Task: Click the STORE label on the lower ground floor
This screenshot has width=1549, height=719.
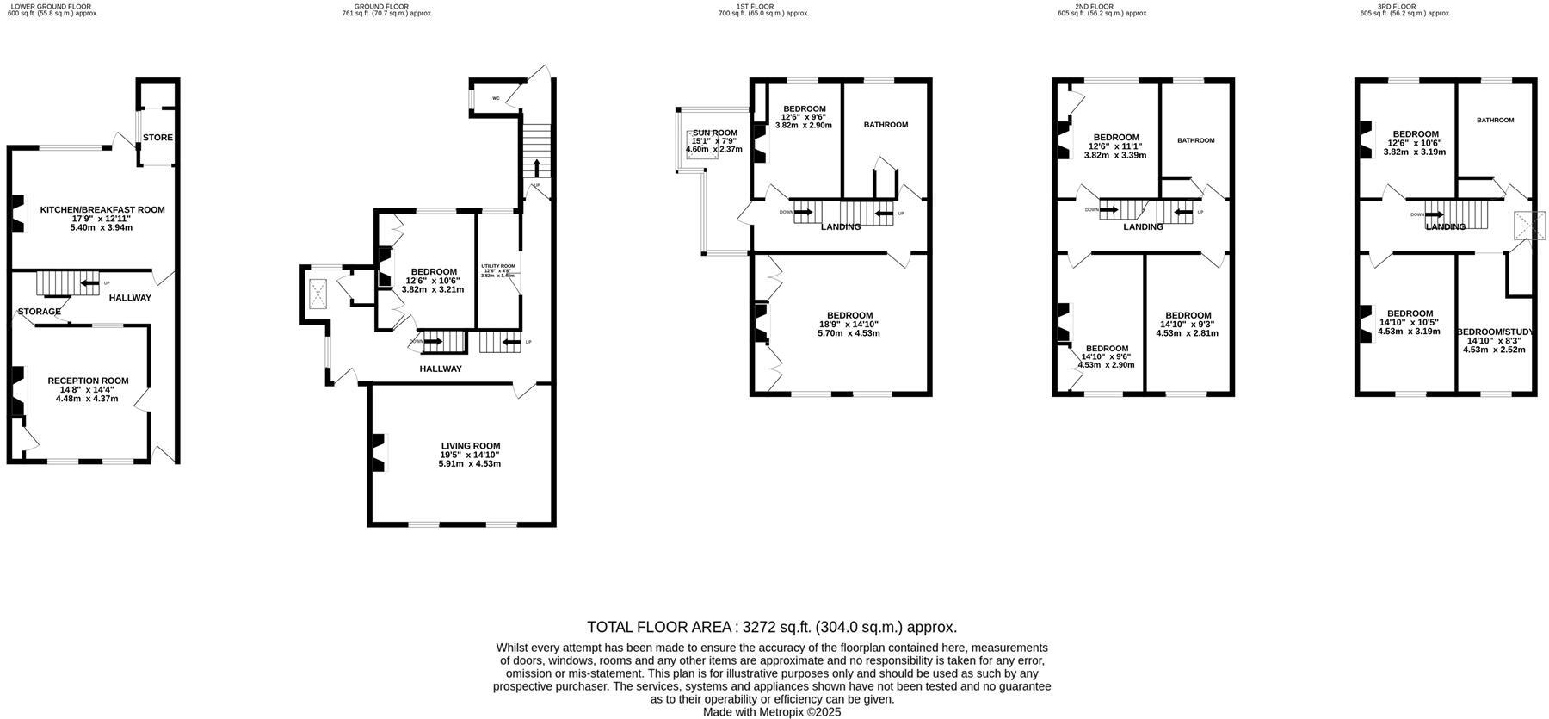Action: coord(157,138)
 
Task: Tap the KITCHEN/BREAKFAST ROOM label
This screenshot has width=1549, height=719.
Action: coord(102,210)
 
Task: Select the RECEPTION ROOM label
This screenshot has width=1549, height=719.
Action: coord(88,381)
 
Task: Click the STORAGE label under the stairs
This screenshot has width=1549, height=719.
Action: coord(40,312)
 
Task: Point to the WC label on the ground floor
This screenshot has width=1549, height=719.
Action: coord(496,99)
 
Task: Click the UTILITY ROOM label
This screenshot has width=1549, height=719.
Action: coord(498,266)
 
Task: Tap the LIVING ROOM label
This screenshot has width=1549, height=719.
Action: coord(470,446)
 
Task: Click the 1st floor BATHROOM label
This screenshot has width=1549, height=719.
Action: coord(886,125)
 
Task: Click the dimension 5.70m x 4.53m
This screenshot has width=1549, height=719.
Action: coord(849,333)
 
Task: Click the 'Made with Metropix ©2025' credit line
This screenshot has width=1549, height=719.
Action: coord(772,712)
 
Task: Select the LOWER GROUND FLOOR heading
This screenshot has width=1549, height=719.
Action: coord(50,6)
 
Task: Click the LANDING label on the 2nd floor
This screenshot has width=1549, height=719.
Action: coord(1143,227)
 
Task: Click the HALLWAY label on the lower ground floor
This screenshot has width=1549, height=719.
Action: coord(130,298)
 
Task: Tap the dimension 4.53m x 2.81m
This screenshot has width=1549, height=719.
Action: coord(1188,333)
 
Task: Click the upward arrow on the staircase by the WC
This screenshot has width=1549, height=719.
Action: coord(537,167)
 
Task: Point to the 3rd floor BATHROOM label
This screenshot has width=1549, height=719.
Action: coord(1495,121)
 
